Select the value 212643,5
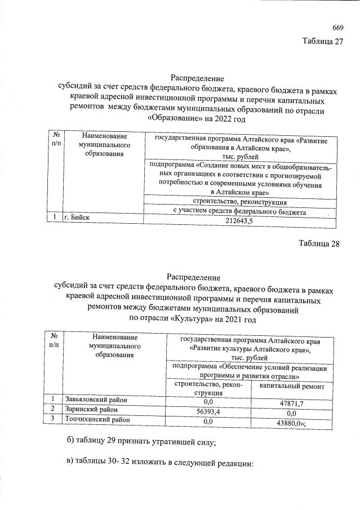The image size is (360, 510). tap(239, 221)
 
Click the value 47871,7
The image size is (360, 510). tap(292, 404)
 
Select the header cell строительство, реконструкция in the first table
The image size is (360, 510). tap(239, 202)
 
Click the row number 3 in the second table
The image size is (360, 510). tap(52, 419)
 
